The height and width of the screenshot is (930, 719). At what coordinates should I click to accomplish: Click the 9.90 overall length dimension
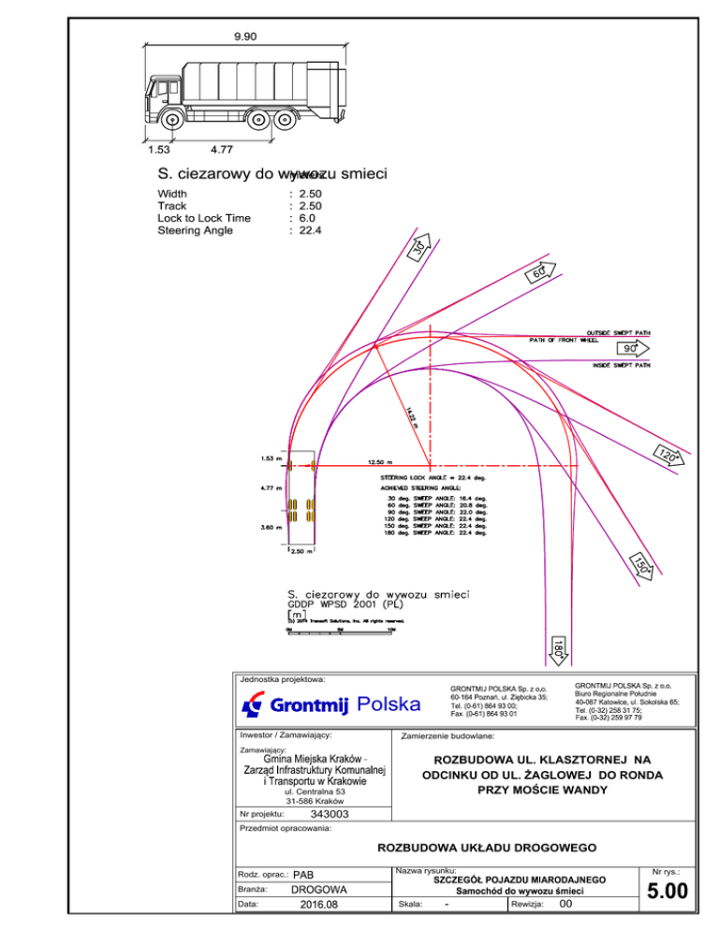pos(245,36)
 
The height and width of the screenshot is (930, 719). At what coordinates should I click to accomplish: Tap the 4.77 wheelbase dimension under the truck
pos(222,149)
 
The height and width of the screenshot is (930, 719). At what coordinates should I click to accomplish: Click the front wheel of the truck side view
pos(171,120)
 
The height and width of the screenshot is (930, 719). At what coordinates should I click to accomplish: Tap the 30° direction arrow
pos(422,246)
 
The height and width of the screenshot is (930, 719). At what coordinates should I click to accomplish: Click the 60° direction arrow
pos(540,274)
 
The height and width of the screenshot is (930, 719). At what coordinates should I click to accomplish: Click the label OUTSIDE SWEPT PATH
pos(618,332)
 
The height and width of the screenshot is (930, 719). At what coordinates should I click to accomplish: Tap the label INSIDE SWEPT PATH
pos(621,366)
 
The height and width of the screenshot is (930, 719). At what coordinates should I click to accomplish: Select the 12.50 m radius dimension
pos(380,461)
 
